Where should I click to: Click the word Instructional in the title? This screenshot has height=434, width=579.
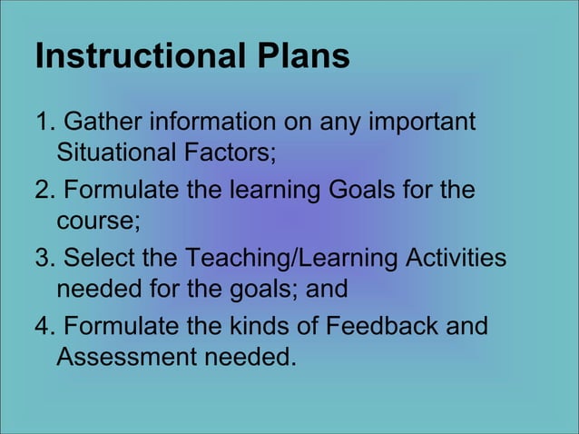point(137,55)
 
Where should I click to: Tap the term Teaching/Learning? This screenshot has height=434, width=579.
point(291,261)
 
